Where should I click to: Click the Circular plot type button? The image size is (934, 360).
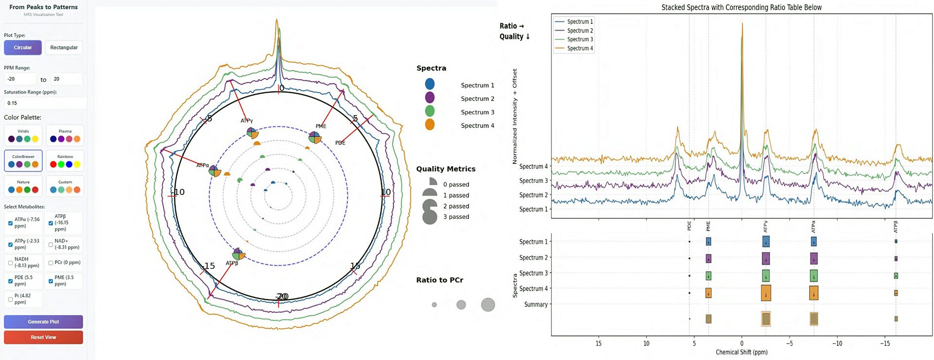click(x=23, y=47)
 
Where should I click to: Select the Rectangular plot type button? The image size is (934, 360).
click(x=64, y=47)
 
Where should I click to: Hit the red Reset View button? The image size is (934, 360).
click(x=43, y=337)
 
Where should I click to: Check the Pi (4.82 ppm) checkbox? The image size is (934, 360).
click(x=10, y=299)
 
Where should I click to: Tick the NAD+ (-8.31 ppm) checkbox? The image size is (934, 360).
click(x=51, y=245)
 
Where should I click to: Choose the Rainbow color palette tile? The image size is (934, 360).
click(x=65, y=161)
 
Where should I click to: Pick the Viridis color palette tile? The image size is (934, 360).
click(x=23, y=136)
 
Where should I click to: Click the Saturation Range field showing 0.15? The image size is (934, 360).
click(x=45, y=103)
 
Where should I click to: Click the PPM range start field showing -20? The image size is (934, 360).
click(x=19, y=79)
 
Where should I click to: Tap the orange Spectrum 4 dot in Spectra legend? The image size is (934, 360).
click(x=430, y=125)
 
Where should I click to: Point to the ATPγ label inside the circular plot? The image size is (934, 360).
click(x=247, y=121)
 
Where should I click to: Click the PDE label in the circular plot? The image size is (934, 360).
click(x=340, y=143)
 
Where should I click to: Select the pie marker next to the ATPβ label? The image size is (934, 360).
click(x=238, y=254)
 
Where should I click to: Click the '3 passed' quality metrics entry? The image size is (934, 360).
click(x=456, y=216)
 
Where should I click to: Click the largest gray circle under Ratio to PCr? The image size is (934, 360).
click(x=488, y=305)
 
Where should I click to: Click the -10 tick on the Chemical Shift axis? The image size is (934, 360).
click(x=837, y=343)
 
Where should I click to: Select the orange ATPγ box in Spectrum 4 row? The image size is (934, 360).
click(x=766, y=293)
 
